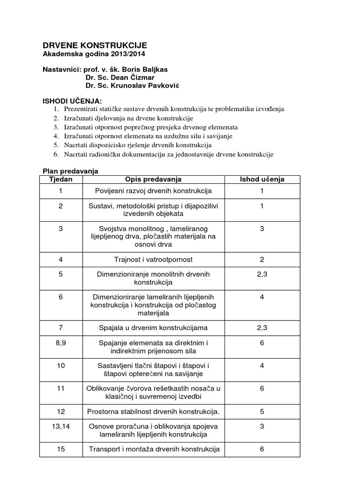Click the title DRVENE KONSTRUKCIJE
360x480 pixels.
coord(95,45)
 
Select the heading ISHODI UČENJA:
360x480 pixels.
coord(72,101)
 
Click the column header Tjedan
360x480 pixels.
coord(61,179)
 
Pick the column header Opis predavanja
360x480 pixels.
coord(153,179)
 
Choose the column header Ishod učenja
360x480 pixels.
coord(262,179)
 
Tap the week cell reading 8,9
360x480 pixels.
coord(61,343)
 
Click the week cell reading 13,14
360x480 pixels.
coord(61,426)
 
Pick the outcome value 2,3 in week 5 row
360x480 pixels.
coord(262,274)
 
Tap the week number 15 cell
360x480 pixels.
coord(61,449)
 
